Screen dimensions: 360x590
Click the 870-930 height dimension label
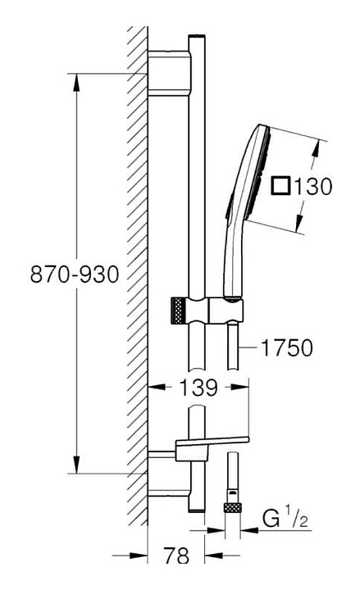pos(75,274)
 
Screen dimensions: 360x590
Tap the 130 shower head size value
pos(312,186)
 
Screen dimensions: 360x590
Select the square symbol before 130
pos(281,186)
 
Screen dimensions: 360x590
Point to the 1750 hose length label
pos(286,347)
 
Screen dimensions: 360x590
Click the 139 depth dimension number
pos(198,387)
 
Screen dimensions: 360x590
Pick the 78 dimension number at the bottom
pos(175,555)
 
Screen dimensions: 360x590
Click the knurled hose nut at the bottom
pos(233,507)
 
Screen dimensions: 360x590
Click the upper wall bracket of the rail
pos(170,73)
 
